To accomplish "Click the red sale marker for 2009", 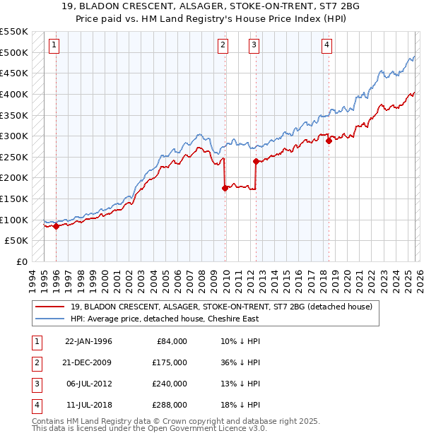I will point(225,188).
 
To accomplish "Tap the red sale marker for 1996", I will point(56,226).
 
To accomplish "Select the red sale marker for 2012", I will point(255,161).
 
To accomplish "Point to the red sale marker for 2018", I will point(329,141).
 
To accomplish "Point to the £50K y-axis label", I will point(17,241).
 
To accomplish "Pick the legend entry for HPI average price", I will point(163,319).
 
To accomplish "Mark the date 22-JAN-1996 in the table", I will point(88,341).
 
